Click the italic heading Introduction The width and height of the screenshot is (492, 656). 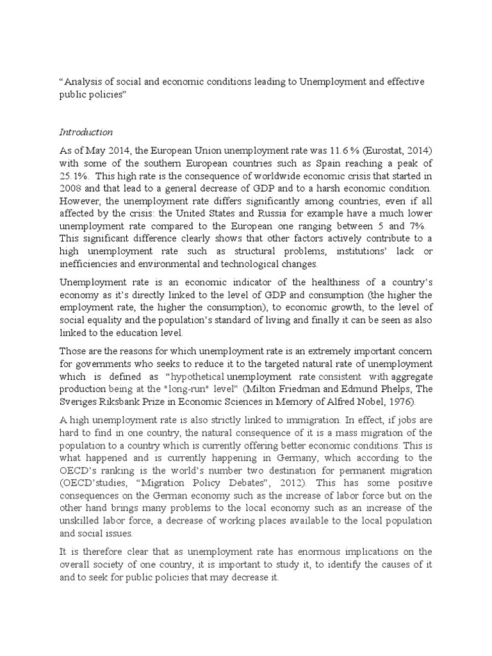[86, 133]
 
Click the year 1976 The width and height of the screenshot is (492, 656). [398, 402]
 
